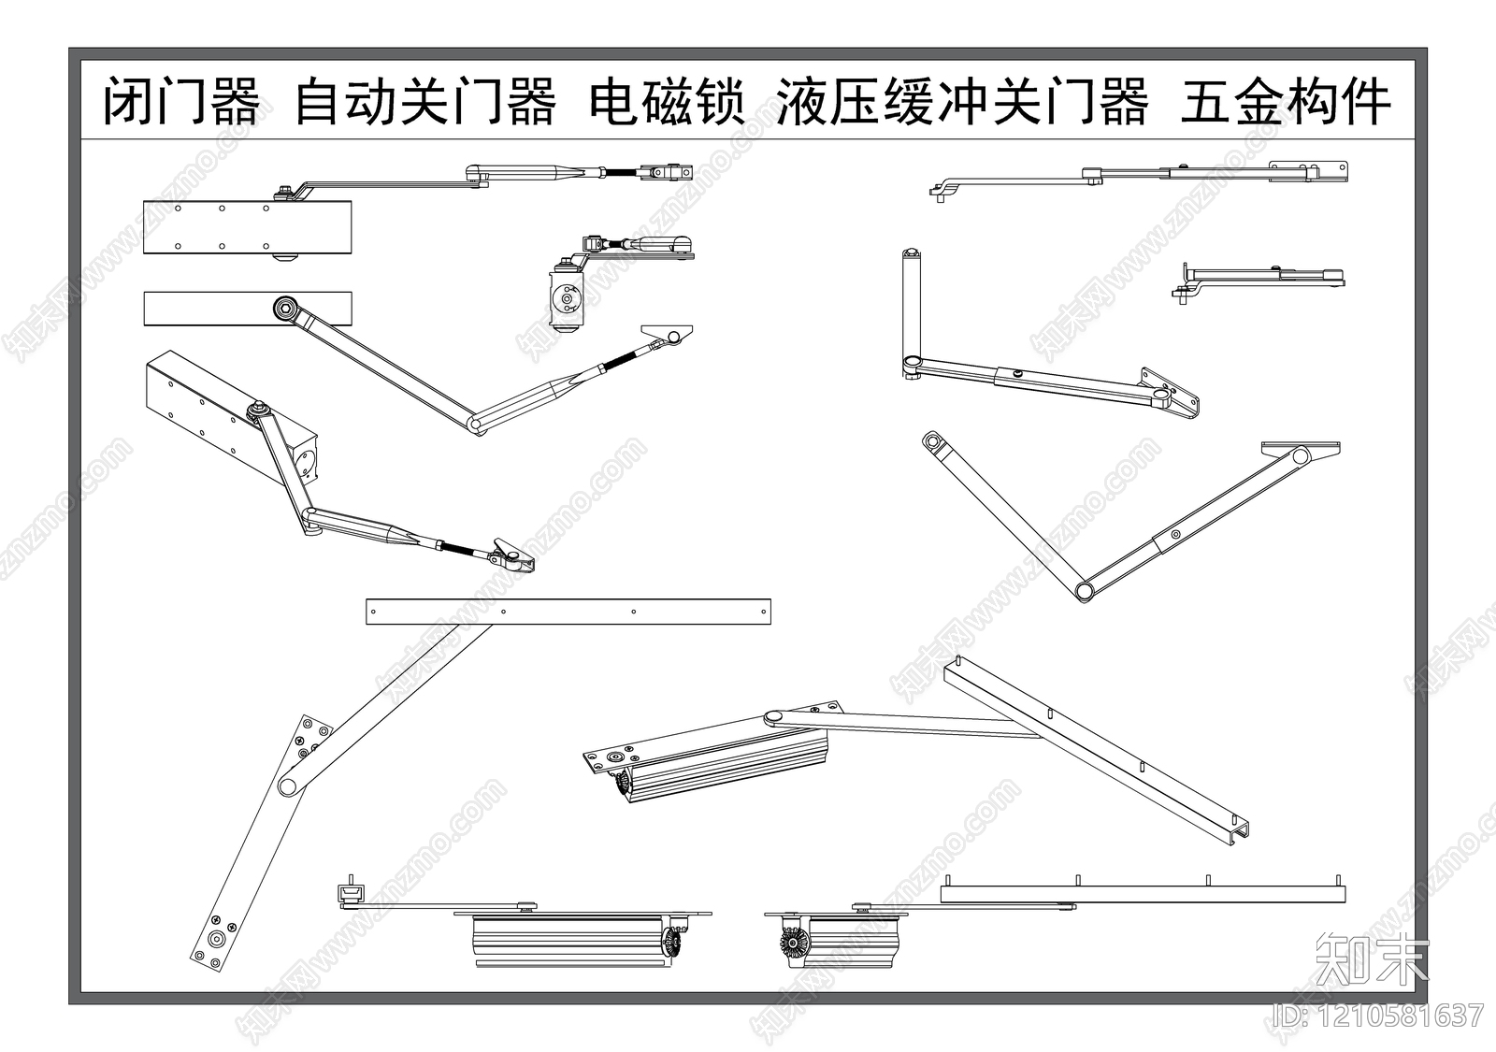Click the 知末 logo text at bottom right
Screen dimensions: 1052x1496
[1372, 960]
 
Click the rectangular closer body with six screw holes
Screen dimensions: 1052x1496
[247, 227]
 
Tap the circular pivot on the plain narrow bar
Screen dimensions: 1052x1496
[284, 308]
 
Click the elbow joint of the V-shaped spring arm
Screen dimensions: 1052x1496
[477, 425]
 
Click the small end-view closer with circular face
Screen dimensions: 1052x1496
[566, 299]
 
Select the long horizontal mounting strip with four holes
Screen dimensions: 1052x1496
[568, 612]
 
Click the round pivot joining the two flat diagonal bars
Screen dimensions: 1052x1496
[289, 784]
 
